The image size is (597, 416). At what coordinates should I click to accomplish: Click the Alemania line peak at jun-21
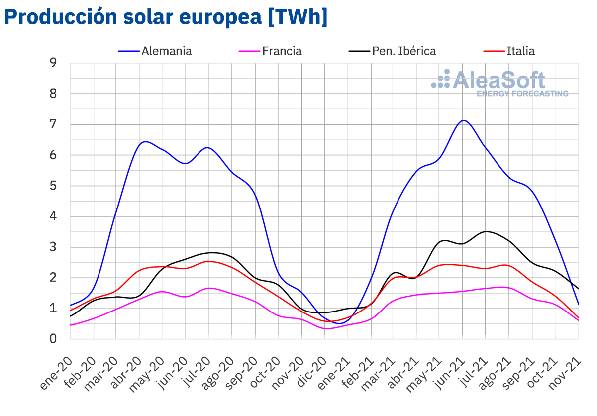[463, 120]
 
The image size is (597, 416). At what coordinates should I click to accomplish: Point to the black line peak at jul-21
[486, 231]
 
